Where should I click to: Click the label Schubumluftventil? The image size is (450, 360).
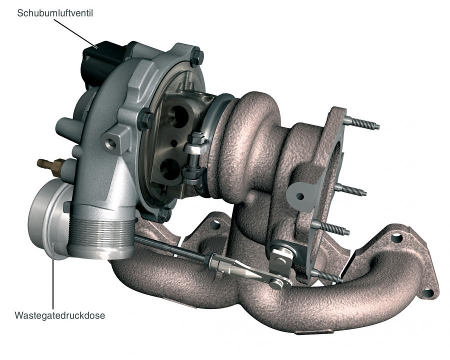(x=55, y=13)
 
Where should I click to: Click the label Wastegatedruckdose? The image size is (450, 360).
(x=59, y=315)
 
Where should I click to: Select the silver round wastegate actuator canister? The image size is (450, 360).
(x=49, y=219)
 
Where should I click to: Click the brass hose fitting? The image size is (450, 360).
(x=49, y=165)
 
